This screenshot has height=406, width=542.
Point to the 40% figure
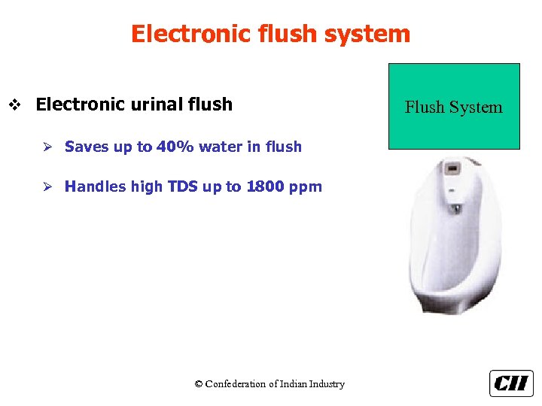[175, 147]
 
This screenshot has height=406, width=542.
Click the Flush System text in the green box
[453, 107]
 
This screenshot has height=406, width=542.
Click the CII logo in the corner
[511, 383]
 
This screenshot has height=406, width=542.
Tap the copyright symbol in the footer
[199, 384]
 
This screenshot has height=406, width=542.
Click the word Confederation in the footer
[236, 384]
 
